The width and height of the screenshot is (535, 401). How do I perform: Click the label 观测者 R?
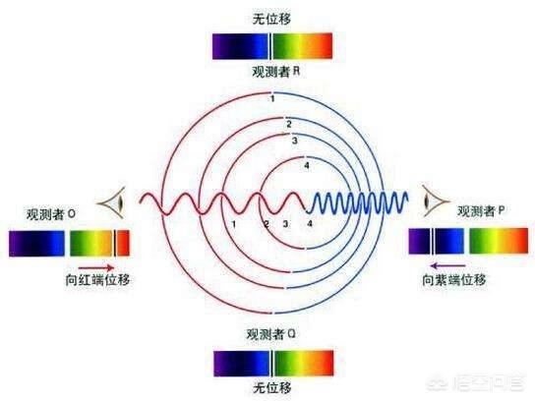point(275,72)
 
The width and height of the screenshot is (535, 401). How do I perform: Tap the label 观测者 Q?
point(270,334)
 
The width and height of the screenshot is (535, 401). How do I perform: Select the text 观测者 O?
point(51,214)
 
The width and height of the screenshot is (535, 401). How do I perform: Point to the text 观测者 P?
point(480,211)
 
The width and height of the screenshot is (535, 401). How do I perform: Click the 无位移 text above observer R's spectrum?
point(271,19)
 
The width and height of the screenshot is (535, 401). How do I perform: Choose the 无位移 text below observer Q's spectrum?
point(272,387)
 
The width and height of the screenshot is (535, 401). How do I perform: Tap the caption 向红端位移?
point(97,280)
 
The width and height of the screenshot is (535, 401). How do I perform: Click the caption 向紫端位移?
point(454,280)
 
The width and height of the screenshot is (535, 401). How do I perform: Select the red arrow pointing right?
point(96,267)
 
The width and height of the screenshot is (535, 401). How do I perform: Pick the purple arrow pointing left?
point(448,265)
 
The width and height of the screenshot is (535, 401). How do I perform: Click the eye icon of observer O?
point(112,202)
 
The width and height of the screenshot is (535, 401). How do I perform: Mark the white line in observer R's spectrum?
point(271,46)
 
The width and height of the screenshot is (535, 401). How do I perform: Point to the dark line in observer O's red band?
point(115,243)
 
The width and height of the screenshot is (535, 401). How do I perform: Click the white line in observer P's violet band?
point(433,241)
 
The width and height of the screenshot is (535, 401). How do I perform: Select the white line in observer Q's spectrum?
point(272,363)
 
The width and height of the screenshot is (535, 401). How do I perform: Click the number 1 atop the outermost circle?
point(272,99)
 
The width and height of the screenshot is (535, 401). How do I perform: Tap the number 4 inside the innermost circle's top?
point(307,166)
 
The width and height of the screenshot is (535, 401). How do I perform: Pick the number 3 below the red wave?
point(285,224)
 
